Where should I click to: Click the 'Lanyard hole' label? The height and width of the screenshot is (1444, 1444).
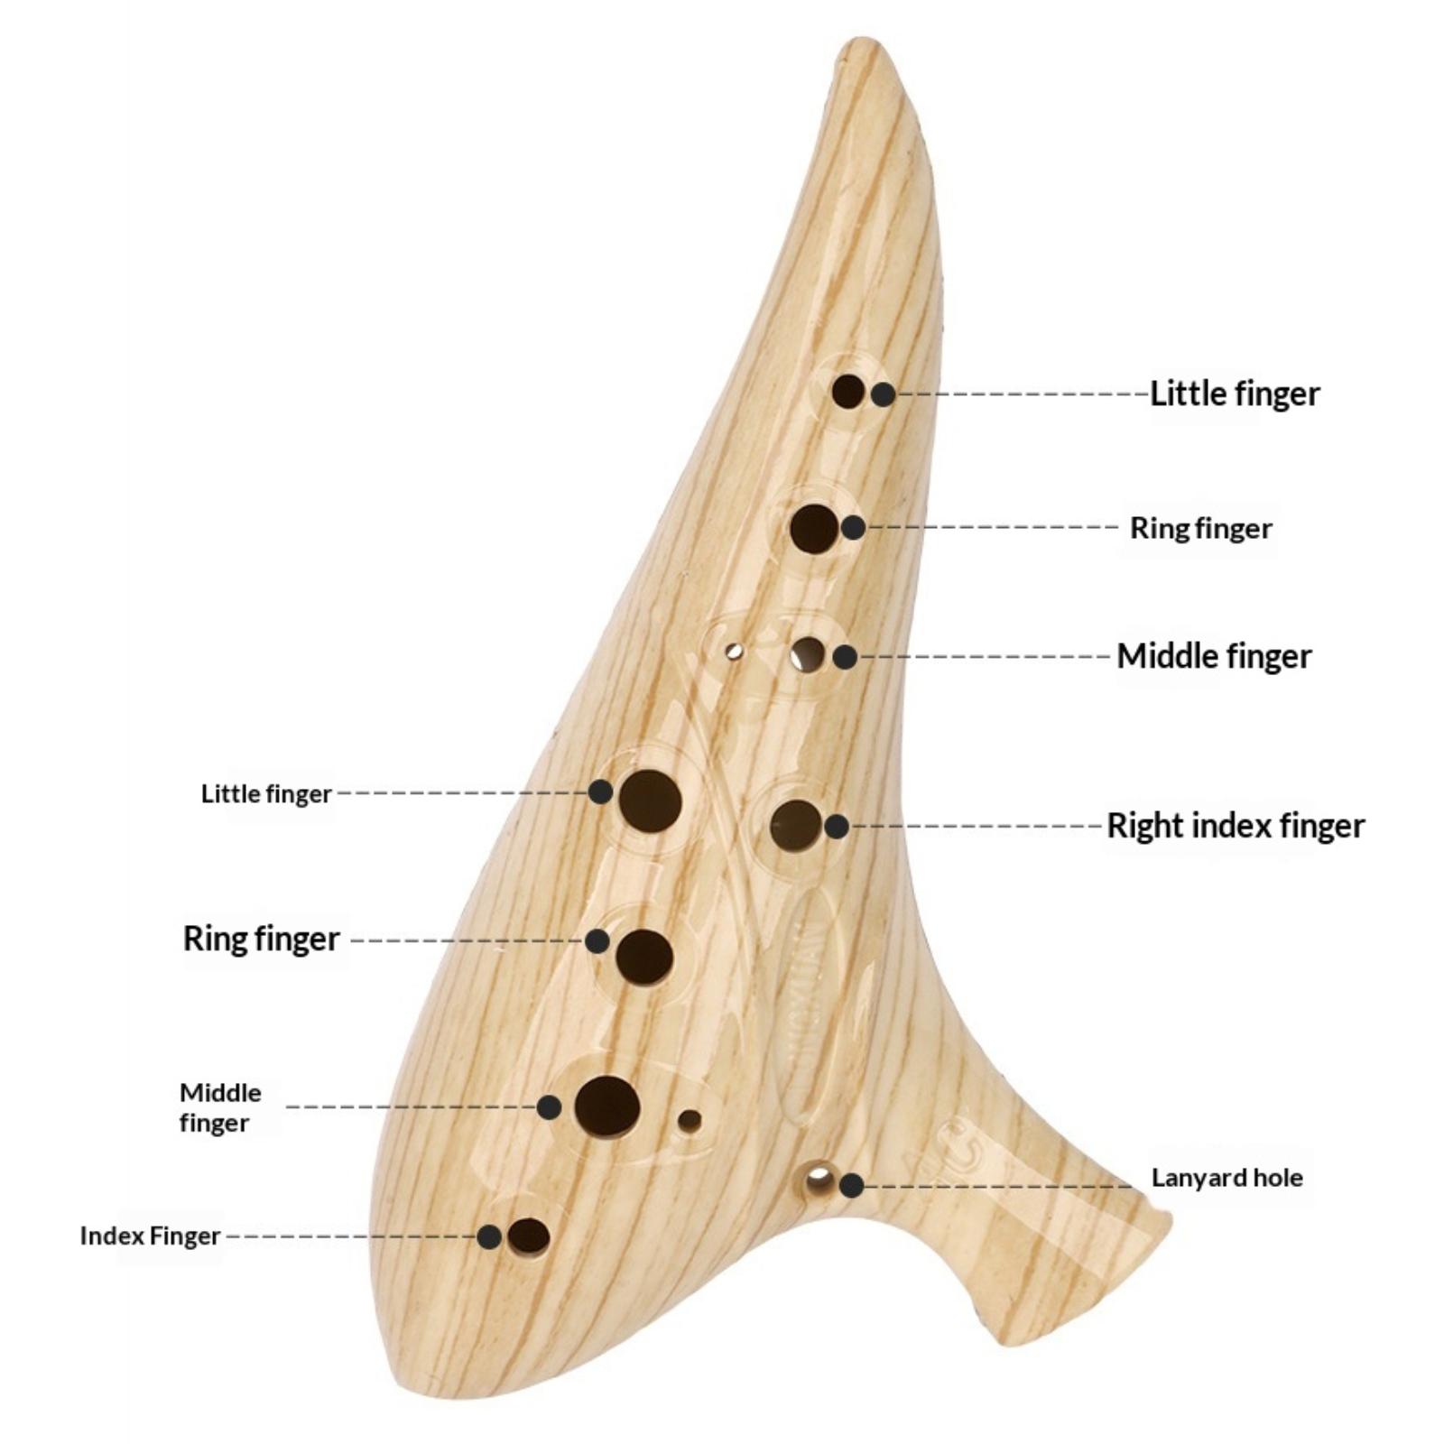tap(1226, 1178)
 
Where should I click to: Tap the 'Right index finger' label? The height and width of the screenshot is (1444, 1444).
tap(1236, 826)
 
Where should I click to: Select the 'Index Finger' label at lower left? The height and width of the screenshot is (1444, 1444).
tap(150, 1236)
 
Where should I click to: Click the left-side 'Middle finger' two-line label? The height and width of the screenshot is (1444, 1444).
tap(219, 1107)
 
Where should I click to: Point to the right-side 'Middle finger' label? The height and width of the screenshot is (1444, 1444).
tap(1214, 656)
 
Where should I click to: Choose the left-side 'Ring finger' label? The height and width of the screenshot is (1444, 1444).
tap(261, 939)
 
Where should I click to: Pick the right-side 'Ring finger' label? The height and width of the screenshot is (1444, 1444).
tap(1200, 528)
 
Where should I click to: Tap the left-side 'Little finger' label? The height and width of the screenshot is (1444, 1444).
tap(266, 794)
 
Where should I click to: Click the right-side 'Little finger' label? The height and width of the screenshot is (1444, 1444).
tap(1234, 393)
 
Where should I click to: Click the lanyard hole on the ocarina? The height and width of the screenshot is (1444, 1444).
tap(819, 1178)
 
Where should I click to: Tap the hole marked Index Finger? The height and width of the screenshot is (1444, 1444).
tap(529, 1236)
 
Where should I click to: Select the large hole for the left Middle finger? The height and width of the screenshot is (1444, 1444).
tap(607, 1106)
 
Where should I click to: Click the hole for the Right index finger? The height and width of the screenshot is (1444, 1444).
tap(796, 825)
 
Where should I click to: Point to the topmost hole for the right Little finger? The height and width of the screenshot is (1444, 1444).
tap(847, 392)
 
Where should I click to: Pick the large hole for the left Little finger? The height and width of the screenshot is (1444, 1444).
tap(650, 801)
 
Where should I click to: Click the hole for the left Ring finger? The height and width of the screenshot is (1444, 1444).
tap(644, 957)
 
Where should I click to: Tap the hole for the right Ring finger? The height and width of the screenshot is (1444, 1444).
tap(813, 529)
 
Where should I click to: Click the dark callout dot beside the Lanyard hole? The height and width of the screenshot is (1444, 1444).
tap(852, 1186)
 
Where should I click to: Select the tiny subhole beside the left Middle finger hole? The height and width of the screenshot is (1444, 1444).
tap(690, 1121)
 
